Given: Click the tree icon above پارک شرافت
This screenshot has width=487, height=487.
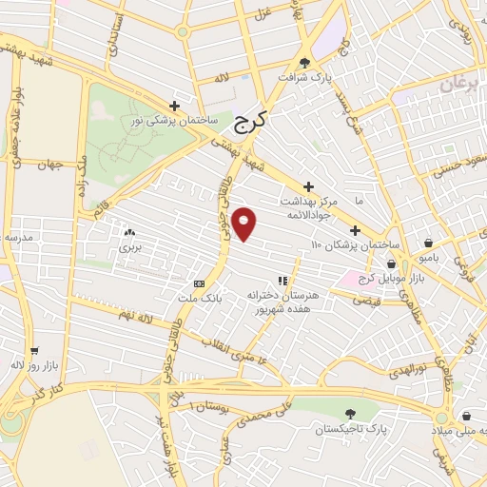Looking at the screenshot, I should (304, 62).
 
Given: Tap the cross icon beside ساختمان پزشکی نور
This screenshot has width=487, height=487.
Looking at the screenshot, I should (173, 106).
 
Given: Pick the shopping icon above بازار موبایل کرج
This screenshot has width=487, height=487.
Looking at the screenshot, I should (391, 263).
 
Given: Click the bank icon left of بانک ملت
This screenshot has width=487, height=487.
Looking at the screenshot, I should (199, 283).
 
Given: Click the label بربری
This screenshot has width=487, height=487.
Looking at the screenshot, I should (129, 246).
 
